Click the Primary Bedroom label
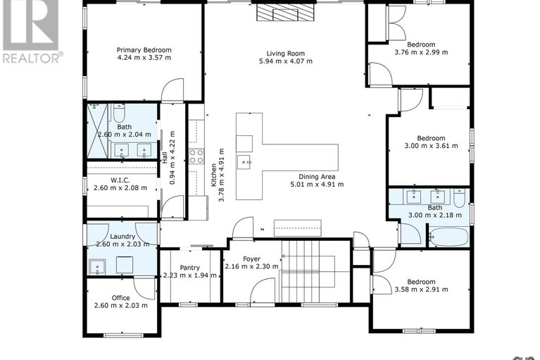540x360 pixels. click(x=144, y=50)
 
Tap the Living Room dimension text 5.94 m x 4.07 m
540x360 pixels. click(x=286, y=61)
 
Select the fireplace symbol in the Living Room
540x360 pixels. click(x=286, y=13)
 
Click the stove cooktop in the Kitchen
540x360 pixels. click(x=196, y=156)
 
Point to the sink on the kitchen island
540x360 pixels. click(x=244, y=162)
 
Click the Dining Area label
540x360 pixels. click(x=317, y=177)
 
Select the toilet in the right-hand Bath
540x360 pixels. click(x=460, y=197)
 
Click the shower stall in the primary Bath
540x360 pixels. click(x=97, y=131)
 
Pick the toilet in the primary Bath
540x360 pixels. click(x=118, y=112)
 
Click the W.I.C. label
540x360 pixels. click(x=120, y=180)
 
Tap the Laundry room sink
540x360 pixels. click(x=98, y=266)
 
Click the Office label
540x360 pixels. click(x=121, y=297)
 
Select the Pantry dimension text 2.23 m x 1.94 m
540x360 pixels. click(x=190, y=275)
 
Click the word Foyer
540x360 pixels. click(x=252, y=259)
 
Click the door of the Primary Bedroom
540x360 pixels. click(x=172, y=90)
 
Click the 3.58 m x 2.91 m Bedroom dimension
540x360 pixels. click(x=421, y=290)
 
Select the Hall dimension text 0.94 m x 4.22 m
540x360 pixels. click(x=173, y=157)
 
